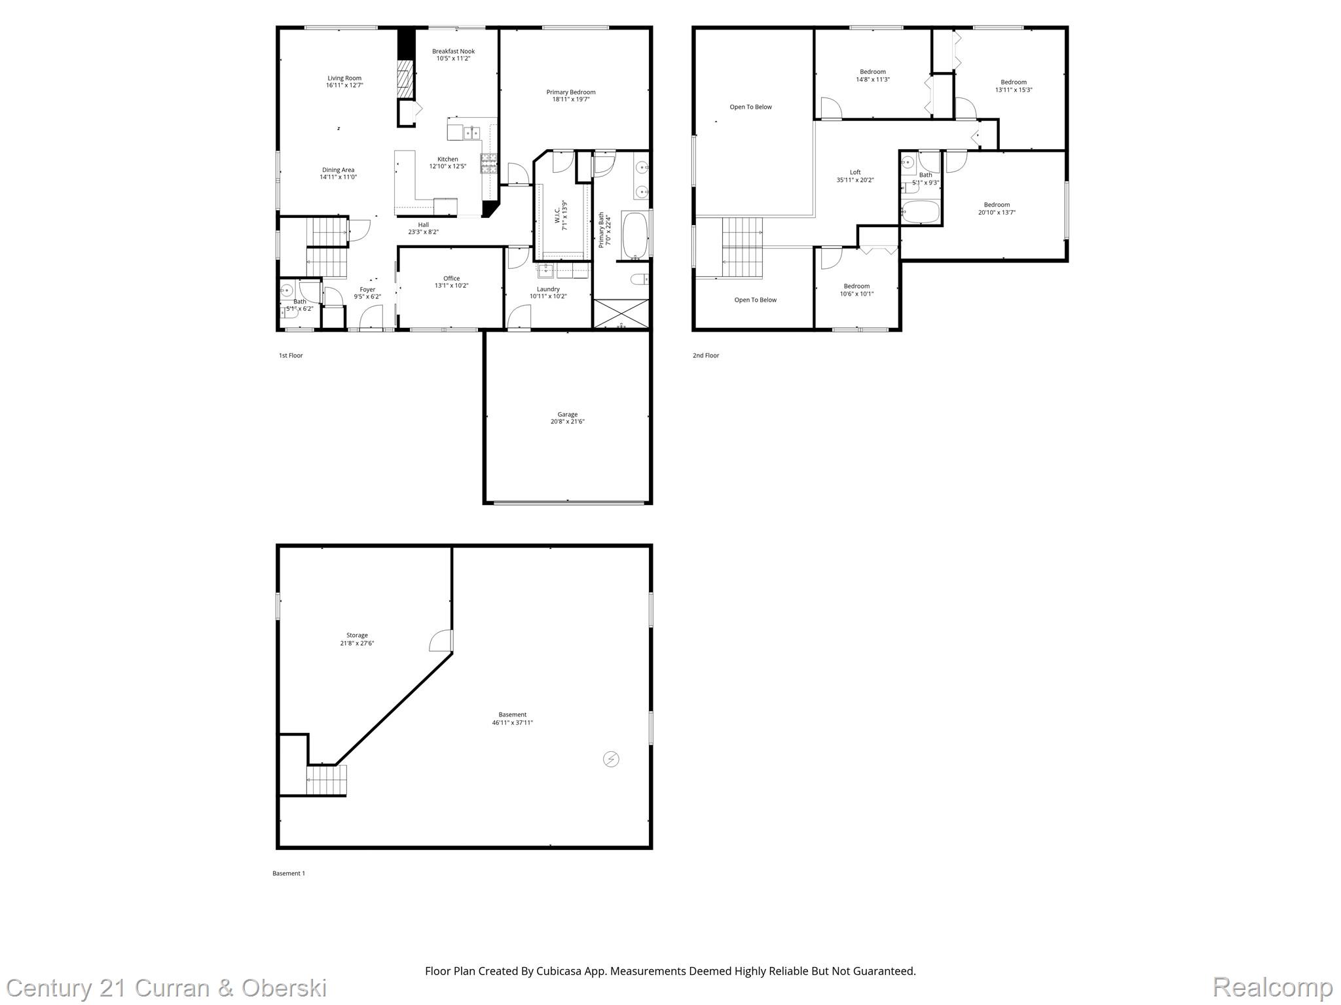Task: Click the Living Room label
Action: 344,79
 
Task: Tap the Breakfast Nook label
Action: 453,51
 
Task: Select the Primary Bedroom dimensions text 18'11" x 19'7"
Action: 571,99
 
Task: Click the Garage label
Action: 568,414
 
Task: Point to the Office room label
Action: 451,278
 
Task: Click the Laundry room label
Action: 548,289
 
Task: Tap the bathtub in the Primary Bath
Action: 634,235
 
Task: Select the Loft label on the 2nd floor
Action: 855,173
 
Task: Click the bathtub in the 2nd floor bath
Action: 920,212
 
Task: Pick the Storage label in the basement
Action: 357,635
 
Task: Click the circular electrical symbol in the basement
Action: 611,759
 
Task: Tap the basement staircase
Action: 326,780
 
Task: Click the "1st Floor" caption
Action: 291,355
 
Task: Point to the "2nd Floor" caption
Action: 706,355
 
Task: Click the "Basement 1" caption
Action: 289,873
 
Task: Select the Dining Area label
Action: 338,170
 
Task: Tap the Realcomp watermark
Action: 1272,987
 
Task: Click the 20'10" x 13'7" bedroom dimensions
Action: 997,212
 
